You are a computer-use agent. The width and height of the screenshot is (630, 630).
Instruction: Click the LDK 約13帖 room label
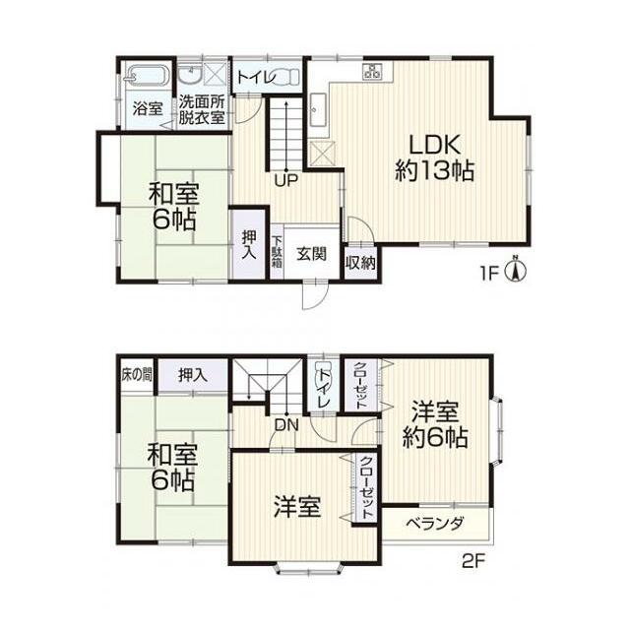(435, 154)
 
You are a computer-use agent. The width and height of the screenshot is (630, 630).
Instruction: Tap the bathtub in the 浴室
(148, 76)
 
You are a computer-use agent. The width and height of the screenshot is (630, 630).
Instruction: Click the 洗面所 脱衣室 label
(203, 109)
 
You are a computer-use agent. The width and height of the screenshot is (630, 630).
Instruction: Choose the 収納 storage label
(359, 262)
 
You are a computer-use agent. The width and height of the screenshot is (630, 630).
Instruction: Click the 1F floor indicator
(489, 270)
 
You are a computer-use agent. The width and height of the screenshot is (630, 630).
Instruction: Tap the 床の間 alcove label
(137, 373)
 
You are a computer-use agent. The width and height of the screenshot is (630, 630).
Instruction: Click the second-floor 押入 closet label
(192, 373)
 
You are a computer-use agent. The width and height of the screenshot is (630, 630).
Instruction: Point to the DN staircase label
(287, 425)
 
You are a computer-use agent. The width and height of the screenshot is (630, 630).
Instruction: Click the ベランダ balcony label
(436, 524)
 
